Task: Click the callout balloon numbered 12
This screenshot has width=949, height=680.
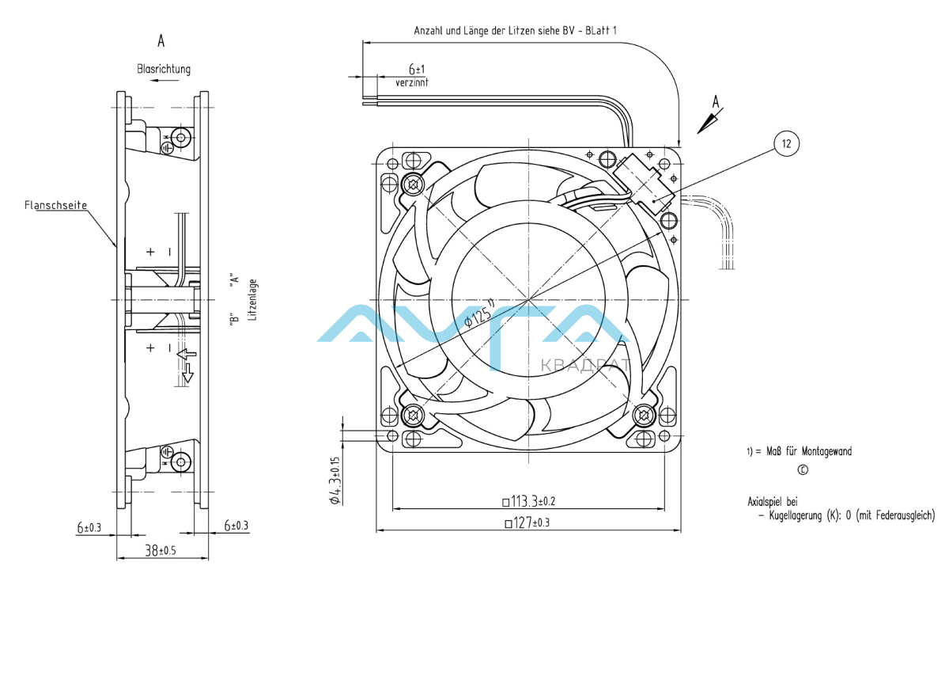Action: tap(786, 143)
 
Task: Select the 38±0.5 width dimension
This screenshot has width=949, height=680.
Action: tap(161, 549)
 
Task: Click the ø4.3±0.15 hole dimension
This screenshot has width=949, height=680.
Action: tap(335, 480)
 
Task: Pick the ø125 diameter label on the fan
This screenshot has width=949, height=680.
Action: tap(479, 312)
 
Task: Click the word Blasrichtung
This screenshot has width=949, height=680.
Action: tap(164, 70)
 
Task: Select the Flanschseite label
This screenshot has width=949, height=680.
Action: tap(55, 205)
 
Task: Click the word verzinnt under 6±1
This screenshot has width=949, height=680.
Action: tap(412, 82)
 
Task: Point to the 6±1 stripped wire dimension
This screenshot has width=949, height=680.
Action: tap(417, 69)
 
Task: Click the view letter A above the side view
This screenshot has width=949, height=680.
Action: tap(161, 41)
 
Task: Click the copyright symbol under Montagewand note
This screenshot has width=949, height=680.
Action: tap(803, 469)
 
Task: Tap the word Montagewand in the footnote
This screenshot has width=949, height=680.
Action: tap(826, 452)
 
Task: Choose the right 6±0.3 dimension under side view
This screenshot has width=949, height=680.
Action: tap(236, 526)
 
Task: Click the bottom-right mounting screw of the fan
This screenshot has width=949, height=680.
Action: tap(645, 414)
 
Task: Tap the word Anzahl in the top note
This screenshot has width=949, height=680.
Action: tap(429, 30)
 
